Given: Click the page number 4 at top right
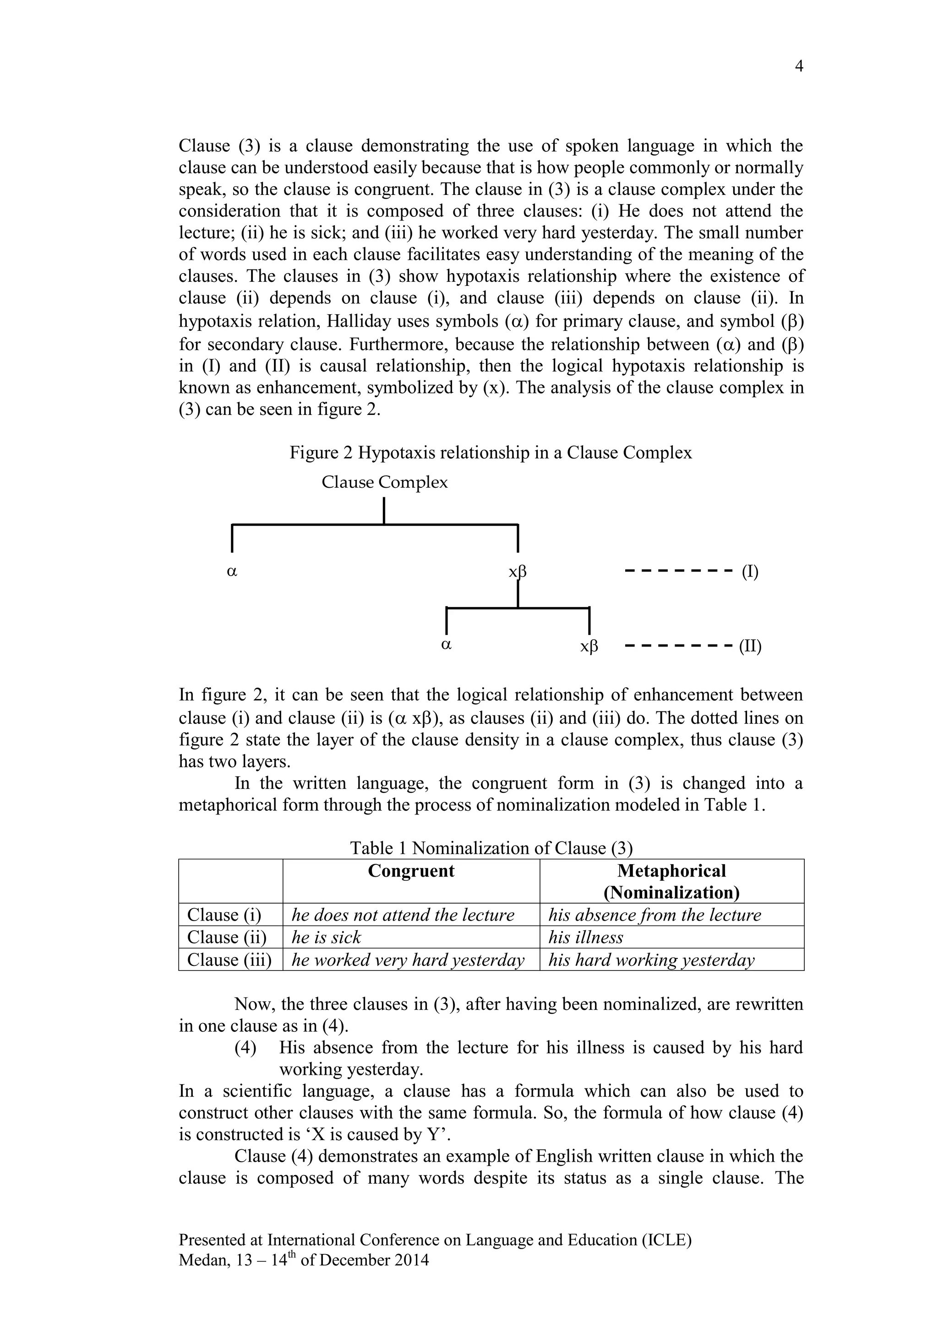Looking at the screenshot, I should [x=799, y=66].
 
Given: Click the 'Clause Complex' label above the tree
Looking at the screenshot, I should [x=384, y=482].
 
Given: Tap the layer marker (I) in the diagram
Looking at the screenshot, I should [x=750, y=571].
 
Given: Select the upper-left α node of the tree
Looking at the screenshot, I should [x=232, y=571].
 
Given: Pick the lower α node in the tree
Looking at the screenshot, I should [x=446, y=645].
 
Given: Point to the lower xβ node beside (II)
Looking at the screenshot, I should [x=589, y=646].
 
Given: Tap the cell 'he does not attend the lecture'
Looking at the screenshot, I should [x=403, y=915].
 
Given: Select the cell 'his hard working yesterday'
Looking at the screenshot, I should [x=651, y=960].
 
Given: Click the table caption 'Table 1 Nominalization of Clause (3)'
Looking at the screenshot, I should [x=491, y=848].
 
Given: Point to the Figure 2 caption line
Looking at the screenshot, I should [x=491, y=452].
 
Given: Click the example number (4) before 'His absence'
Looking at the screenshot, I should [x=245, y=1047].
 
